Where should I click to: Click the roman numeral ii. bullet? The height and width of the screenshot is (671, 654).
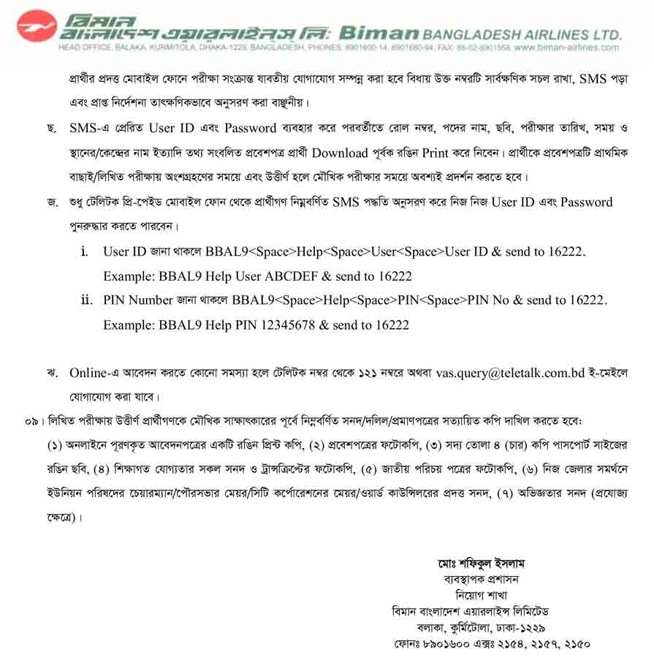(88, 300)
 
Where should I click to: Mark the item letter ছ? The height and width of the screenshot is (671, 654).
(51, 129)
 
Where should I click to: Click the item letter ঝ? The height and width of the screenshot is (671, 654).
(51, 373)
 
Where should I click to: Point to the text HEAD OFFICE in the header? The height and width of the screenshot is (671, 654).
(84, 48)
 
